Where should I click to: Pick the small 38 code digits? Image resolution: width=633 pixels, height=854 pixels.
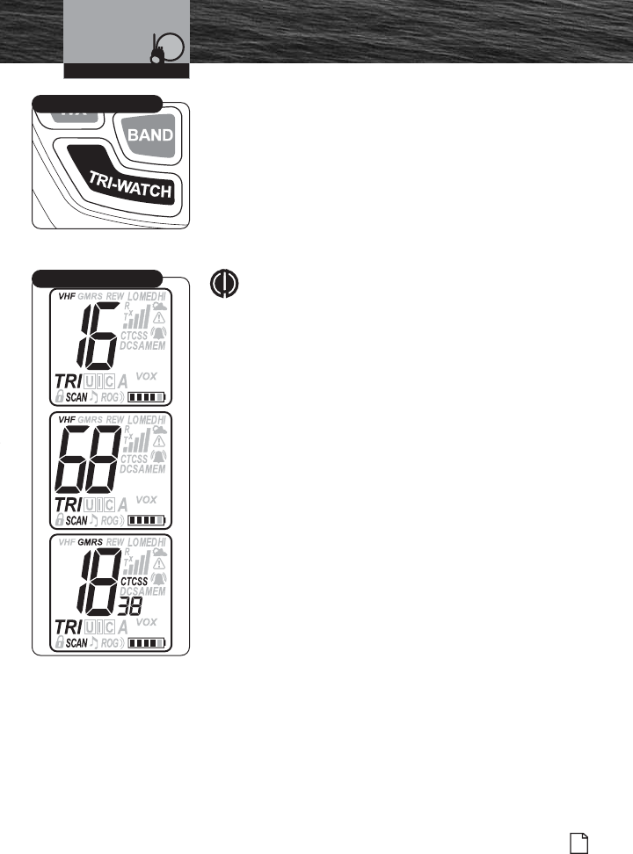pyautogui.click(x=130, y=605)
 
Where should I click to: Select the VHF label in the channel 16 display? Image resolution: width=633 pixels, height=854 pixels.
pyautogui.click(x=67, y=296)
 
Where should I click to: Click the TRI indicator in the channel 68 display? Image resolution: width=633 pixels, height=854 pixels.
pyautogui.click(x=70, y=504)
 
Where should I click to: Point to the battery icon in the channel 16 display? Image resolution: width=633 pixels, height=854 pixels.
pyautogui.click(x=147, y=397)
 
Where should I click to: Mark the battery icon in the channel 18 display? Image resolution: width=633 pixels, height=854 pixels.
pyautogui.click(x=147, y=643)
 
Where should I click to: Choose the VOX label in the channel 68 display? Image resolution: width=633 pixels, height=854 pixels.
pyautogui.click(x=147, y=498)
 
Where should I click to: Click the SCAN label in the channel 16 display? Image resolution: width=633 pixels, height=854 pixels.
pyautogui.click(x=76, y=397)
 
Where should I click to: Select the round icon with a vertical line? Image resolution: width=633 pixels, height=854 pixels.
pyautogui.click(x=224, y=281)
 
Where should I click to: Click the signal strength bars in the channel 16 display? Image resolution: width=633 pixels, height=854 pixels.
pyautogui.click(x=135, y=319)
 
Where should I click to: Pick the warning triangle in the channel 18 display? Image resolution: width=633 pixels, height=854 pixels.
pyautogui.click(x=160, y=564)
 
